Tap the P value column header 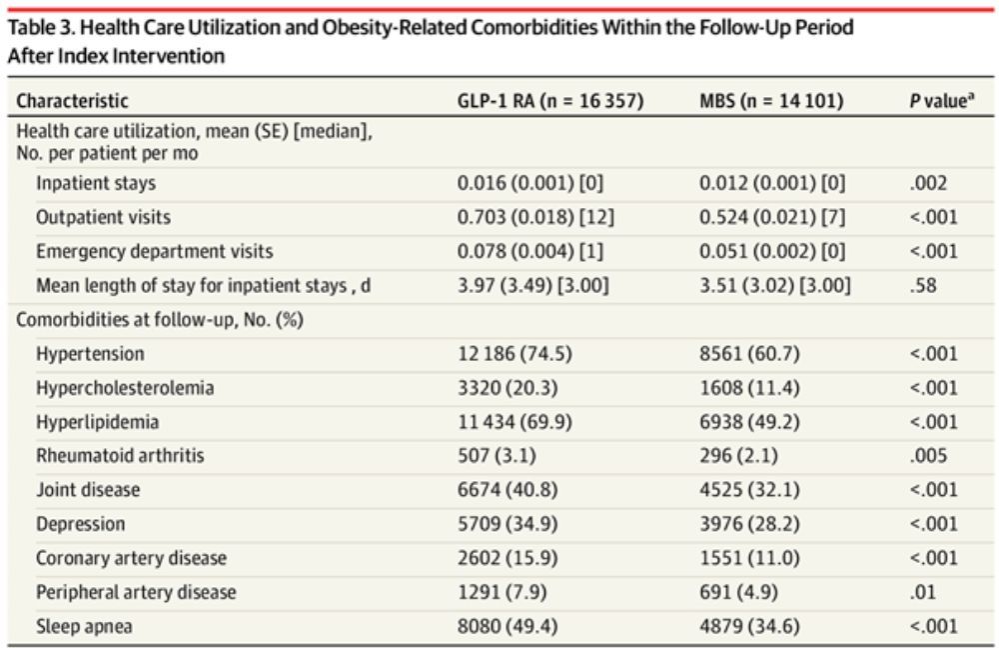pyautogui.click(x=942, y=101)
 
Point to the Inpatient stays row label pyautogui.click(x=96, y=183)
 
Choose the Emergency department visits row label pyautogui.click(x=154, y=251)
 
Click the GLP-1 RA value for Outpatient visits pyautogui.click(x=530, y=217)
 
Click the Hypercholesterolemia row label pyautogui.click(x=125, y=388)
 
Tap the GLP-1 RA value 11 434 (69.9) pyautogui.click(x=514, y=422)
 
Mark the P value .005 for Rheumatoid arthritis pyautogui.click(x=926, y=456)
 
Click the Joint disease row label pyautogui.click(x=88, y=490)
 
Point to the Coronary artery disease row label pyautogui.click(x=131, y=558)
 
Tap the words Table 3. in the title pyautogui.click(x=39, y=28)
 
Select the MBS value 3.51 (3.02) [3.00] pyautogui.click(x=775, y=285)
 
